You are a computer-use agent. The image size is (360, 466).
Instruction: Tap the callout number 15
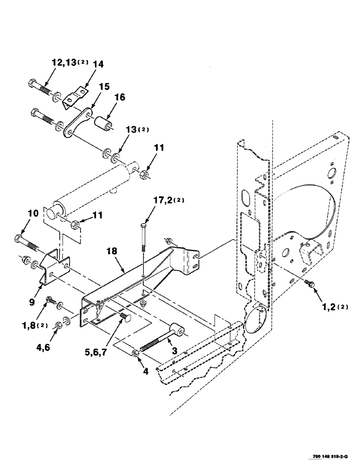tap(104, 87)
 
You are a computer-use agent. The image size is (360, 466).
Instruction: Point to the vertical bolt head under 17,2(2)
tap(144, 228)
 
